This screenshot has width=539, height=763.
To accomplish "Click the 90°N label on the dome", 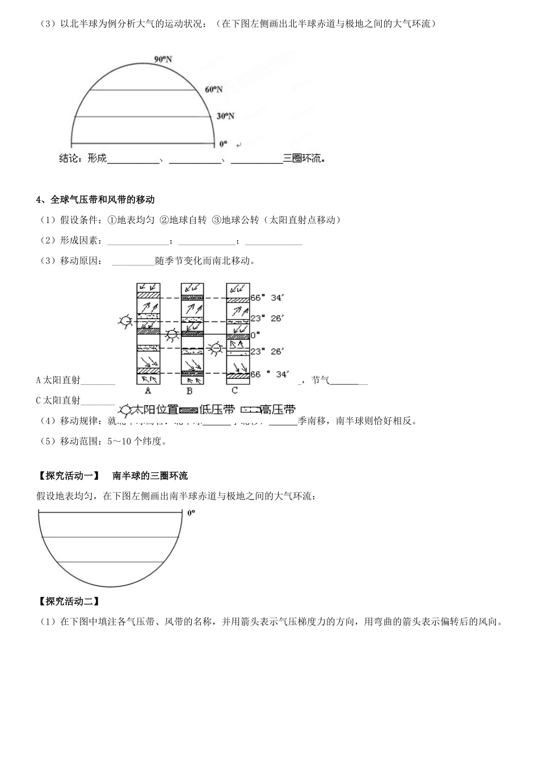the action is [163, 58].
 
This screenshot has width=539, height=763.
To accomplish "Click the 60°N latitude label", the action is [214, 89].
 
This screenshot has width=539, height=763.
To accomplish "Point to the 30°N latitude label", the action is [225, 116].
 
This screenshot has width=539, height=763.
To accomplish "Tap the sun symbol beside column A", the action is [124, 321].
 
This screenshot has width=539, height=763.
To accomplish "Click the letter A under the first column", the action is [148, 391].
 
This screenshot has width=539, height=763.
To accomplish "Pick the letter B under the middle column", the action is [190, 391].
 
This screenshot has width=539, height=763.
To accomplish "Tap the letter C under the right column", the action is [235, 391].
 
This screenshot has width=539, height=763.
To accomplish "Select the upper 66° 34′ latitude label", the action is [267, 297].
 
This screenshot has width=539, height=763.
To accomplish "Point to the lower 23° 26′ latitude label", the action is [267, 351].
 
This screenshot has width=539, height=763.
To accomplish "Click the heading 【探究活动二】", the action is [68, 601].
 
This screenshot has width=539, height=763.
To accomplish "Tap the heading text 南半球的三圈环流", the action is [150, 476].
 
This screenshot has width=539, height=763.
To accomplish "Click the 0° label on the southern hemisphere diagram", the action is [191, 513].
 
